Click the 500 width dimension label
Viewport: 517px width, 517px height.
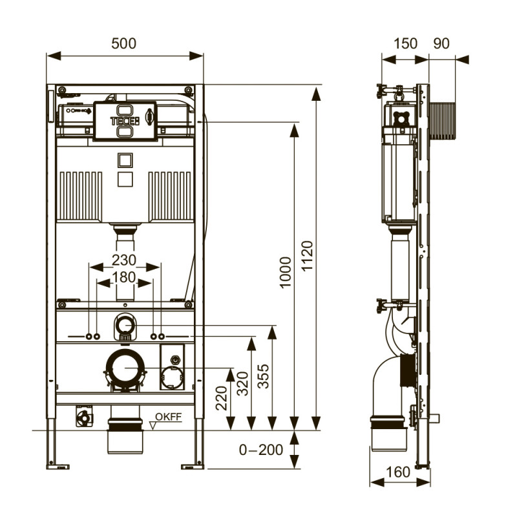(x=124, y=43)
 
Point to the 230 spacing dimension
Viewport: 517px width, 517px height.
(x=124, y=260)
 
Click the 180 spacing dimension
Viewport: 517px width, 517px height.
(x=124, y=277)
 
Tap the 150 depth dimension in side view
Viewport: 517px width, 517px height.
(x=405, y=43)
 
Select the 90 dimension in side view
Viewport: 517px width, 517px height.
(x=441, y=43)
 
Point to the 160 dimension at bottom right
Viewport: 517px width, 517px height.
(x=398, y=472)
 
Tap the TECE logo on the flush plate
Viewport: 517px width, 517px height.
(x=124, y=120)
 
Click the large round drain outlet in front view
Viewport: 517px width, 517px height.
(x=124, y=368)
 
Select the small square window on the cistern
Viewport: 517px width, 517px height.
(x=124, y=159)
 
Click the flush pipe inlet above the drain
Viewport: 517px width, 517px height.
(x=124, y=325)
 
